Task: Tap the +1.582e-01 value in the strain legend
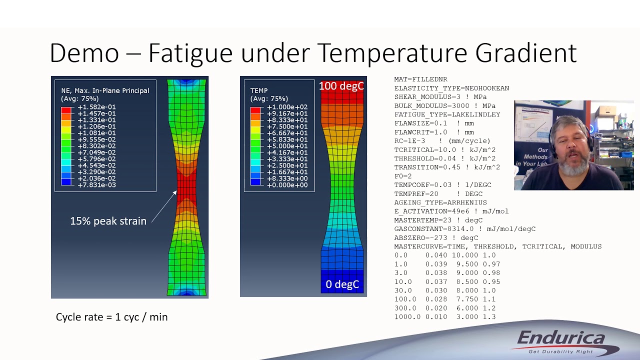tap(96, 107)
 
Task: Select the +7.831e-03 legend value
tap(96, 185)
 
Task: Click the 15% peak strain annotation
tap(108, 221)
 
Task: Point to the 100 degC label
tap(341, 86)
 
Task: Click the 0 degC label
tap(342, 284)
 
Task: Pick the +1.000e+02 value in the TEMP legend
tap(287, 107)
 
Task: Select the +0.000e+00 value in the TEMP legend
tap(287, 185)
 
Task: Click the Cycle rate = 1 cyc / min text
tap(111, 317)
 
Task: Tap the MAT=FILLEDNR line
tap(420, 79)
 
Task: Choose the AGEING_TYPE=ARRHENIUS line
tap(440, 202)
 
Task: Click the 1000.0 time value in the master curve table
tap(407, 317)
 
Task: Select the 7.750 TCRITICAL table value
tap(463, 299)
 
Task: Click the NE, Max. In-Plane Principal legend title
tap(105, 90)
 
